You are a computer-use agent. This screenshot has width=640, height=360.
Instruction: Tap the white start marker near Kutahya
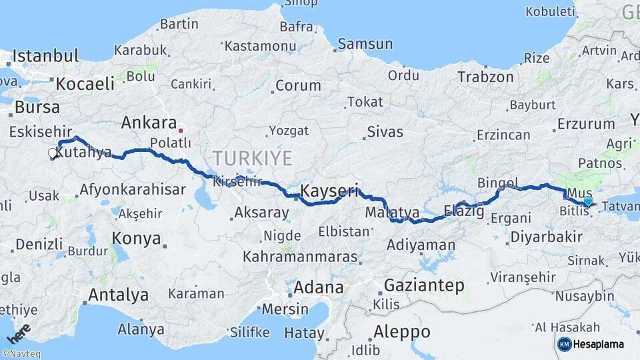[x=52, y=153]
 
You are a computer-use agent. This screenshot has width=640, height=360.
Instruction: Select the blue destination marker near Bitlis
[x=587, y=201]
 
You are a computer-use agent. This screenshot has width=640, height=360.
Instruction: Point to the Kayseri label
[x=329, y=191]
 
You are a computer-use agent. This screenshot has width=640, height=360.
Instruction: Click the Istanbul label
[x=45, y=55]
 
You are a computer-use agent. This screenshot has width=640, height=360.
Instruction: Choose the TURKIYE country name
[x=253, y=159]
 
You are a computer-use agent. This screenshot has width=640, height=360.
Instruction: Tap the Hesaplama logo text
[x=598, y=344]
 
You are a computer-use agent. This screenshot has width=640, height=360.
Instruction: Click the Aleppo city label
[x=401, y=331]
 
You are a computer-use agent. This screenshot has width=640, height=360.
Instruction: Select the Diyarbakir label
[x=545, y=237]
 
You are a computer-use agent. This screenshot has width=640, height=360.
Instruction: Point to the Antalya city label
[x=118, y=294]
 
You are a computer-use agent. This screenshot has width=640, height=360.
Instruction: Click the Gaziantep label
[x=424, y=285]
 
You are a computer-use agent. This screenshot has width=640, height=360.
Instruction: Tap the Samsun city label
[x=365, y=44]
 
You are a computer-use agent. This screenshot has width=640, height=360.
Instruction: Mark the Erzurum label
[x=585, y=123]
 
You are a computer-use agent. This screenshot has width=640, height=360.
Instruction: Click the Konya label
[x=136, y=239]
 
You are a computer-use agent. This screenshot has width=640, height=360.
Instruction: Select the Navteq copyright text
[x=21, y=354]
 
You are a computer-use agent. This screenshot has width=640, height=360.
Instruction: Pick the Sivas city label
[x=385, y=132]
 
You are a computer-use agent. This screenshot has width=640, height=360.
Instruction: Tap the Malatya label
[x=392, y=213]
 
